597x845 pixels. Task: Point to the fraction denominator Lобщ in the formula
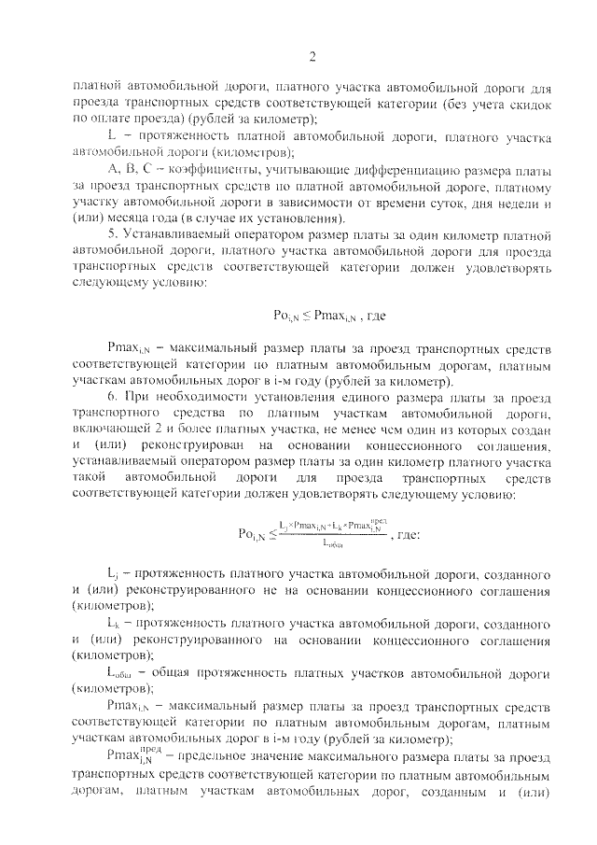pyautogui.click(x=331, y=542)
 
